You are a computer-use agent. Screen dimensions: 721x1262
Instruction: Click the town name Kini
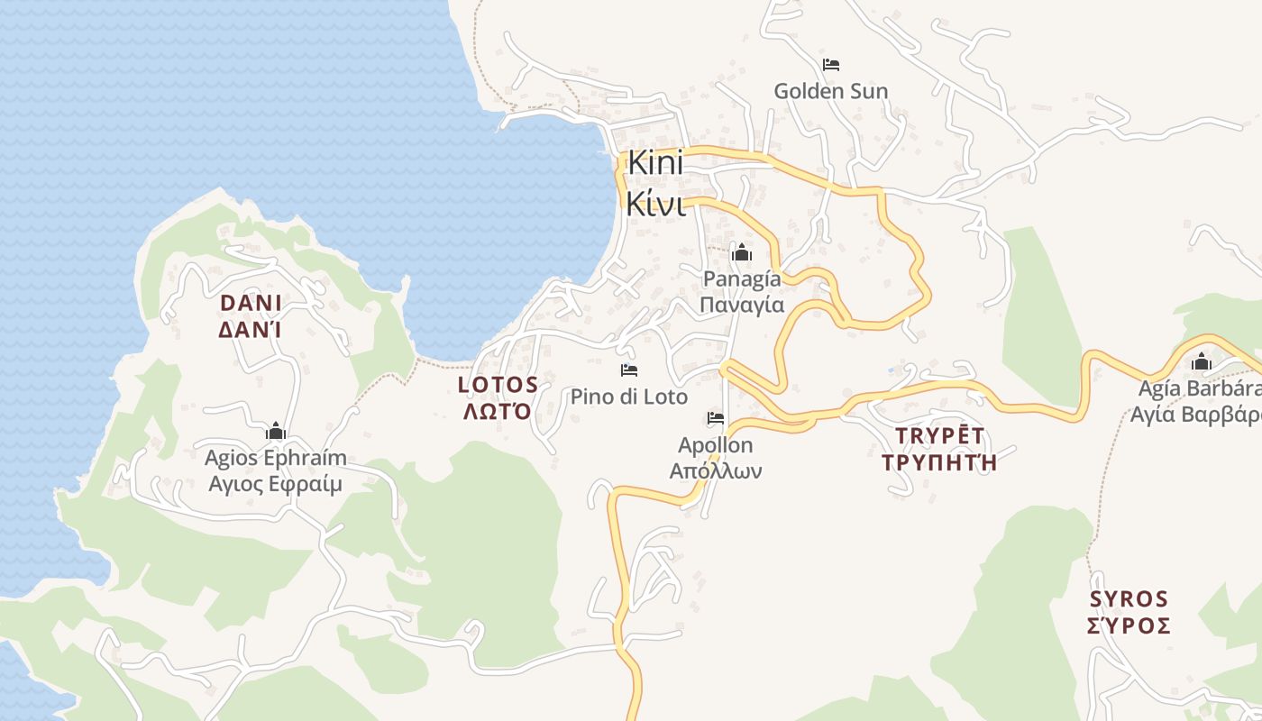[x=655, y=164]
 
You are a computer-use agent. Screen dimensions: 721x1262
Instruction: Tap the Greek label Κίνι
[x=655, y=204]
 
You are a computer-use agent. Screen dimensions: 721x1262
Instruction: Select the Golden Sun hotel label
[x=830, y=91]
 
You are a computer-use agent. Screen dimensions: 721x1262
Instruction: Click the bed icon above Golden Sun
[x=831, y=65]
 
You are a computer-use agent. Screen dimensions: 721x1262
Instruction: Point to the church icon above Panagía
[x=742, y=252]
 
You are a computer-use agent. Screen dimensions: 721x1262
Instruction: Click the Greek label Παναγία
[x=742, y=305]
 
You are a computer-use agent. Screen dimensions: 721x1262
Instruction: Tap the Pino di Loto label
[x=628, y=397]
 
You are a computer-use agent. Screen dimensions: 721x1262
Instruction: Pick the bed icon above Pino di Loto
[x=628, y=370]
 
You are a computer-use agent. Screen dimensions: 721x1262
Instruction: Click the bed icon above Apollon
[x=716, y=418]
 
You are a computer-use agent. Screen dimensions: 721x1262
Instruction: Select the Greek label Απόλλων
[x=716, y=470]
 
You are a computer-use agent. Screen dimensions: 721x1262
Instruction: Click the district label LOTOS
[x=498, y=385]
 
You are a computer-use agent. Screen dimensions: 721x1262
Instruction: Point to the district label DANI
[x=251, y=302]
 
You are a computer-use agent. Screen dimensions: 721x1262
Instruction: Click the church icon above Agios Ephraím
[x=276, y=432]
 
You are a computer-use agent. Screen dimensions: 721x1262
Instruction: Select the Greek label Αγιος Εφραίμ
[x=276, y=484]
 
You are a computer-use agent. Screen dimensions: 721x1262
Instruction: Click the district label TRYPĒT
[x=940, y=436]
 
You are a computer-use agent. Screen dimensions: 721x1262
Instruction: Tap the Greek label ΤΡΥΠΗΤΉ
[x=940, y=463]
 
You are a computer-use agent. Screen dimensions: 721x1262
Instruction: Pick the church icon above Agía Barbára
[x=1201, y=362]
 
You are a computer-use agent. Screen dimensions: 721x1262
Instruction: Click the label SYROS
[x=1129, y=599]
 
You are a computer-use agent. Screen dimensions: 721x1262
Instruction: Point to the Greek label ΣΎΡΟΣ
[x=1129, y=626]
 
